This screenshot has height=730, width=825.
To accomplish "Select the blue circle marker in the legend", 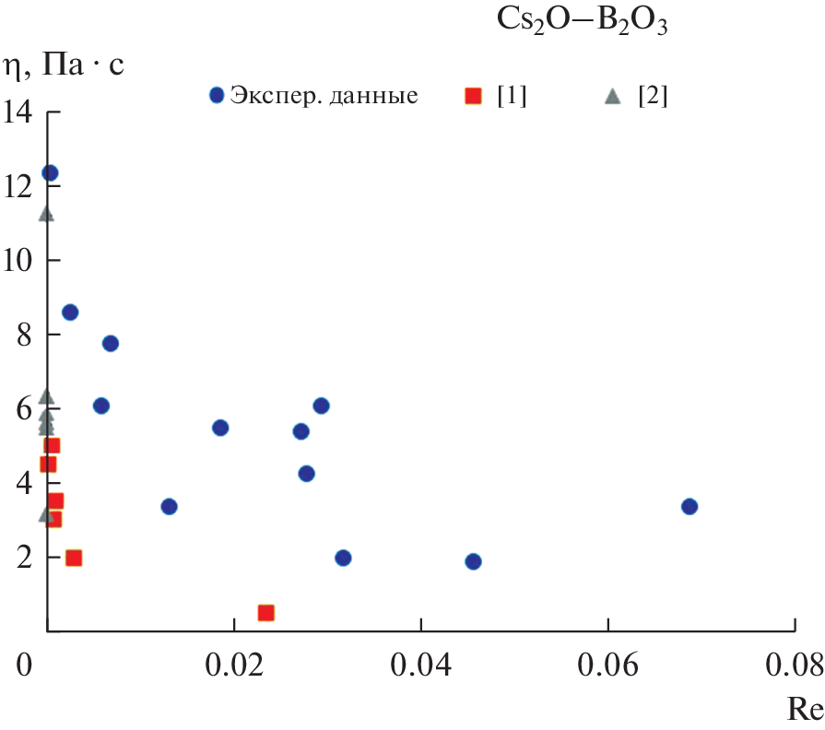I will click(218, 95).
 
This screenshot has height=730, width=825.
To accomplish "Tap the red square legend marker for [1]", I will click(473, 95).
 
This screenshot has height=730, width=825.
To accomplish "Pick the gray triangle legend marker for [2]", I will click(612, 95).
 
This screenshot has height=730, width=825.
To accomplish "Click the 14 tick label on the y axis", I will click(18, 112).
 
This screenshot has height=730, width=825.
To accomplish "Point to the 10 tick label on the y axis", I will click(18, 261).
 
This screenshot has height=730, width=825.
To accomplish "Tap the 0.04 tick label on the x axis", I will click(420, 666).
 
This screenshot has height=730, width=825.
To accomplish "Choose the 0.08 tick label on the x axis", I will click(793, 666).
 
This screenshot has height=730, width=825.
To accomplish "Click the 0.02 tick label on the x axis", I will click(234, 666).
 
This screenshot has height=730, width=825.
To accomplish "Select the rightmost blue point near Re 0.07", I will click(689, 506).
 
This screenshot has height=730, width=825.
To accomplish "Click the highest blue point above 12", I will click(50, 172).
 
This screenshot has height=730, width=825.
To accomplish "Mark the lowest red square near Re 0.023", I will click(266, 613).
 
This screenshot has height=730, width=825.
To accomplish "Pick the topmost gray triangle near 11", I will click(46, 215).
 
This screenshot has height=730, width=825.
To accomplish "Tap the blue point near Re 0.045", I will click(473, 561).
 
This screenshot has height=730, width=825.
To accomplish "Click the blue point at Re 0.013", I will click(169, 506).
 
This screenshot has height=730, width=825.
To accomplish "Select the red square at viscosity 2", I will click(74, 558).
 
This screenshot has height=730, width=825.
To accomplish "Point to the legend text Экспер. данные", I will click(324, 96).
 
